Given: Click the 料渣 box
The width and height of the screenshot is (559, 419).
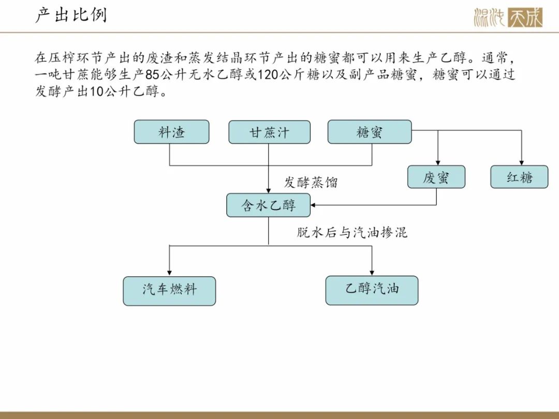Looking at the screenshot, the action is (171, 132).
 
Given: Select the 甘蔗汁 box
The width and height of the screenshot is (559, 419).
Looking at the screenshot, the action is (269, 132).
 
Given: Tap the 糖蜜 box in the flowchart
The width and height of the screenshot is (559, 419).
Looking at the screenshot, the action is (370, 132).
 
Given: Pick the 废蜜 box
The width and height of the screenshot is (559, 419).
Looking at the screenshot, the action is (436, 177).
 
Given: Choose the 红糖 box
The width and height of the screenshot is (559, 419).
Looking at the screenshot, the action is (519, 177).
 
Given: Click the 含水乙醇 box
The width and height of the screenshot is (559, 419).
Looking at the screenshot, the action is (269, 205).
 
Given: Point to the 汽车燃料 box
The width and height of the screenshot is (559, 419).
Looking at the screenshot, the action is (169, 291).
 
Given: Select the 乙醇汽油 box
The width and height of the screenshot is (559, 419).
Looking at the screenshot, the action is (372, 290).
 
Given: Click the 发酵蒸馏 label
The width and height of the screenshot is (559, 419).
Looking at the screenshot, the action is (311, 183).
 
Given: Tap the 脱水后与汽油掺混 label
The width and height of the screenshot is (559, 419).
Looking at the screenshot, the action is (352, 232).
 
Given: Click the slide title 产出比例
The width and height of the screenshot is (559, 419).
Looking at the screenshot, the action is (71, 15).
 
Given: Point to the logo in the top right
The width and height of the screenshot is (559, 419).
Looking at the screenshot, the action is (508, 17).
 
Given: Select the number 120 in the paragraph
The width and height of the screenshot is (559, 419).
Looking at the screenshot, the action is (268, 75).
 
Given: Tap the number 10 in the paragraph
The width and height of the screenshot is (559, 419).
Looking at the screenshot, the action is (96, 92).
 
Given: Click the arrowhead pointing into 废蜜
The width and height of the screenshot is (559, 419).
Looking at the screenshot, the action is (438, 163).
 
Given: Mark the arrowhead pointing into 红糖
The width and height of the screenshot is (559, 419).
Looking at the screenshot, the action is (522, 163).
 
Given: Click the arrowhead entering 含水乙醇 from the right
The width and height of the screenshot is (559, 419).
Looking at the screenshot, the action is (313, 205).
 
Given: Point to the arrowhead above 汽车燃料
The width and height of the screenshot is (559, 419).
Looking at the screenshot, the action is (169, 273).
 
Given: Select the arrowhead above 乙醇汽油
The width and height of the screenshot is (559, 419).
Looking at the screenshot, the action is (372, 273).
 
